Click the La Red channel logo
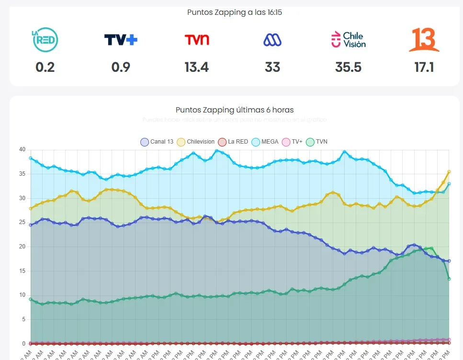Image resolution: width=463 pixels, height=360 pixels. [x=45, y=40]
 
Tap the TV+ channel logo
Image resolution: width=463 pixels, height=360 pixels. [x=121, y=40]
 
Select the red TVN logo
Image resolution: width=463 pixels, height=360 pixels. [x=197, y=40]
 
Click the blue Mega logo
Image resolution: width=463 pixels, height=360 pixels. [x=272, y=40]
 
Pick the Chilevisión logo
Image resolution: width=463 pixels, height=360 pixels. [x=348, y=40]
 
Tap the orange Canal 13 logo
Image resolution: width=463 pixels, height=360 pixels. [x=424, y=40]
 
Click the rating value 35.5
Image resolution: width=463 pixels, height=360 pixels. [x=348, y=67]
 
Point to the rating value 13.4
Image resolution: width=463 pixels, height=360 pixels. [x=197, y=67]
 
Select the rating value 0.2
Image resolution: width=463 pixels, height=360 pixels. [x=45, y=67]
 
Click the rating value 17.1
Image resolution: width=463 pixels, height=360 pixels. [x=424, y=67]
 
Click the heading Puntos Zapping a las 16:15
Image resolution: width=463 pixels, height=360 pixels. [x=235, y=12]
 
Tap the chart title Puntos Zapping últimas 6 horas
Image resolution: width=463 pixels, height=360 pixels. [x=235, y=110]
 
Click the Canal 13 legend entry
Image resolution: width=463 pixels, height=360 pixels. [x=157, y=142]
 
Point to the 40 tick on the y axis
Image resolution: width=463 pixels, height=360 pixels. [x=22, y=149]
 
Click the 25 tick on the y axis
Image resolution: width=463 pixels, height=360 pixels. [x=22, y=223]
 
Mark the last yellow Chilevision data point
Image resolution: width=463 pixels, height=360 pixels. [x=449, y=171]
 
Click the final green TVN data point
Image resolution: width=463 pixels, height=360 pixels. [x=449, y=279]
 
